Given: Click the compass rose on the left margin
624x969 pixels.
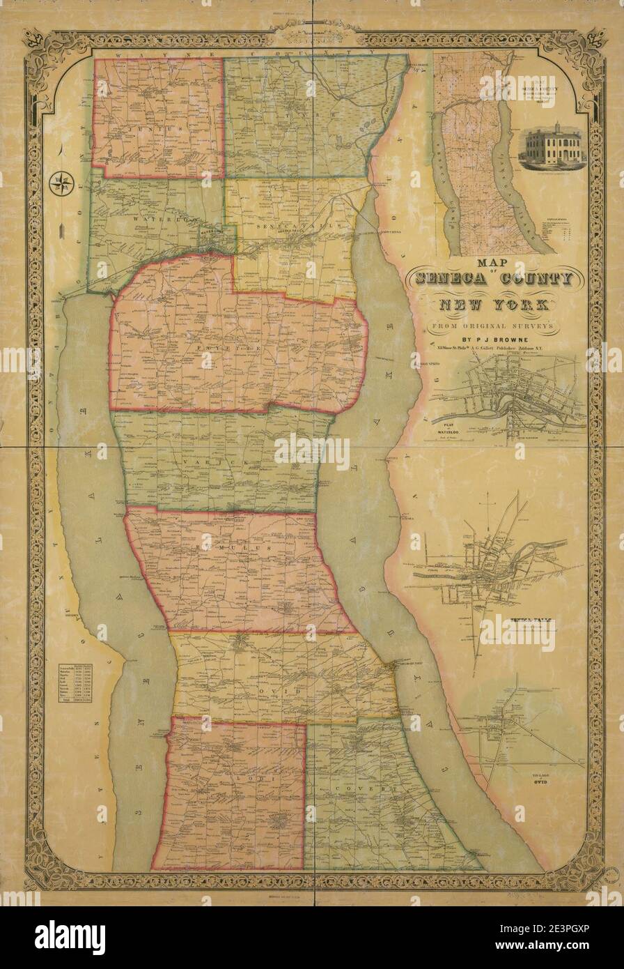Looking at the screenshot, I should coord(62,183).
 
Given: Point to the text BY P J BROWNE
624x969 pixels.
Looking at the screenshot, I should coord(492,342).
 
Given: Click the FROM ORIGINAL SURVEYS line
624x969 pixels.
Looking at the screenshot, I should coord(492,326).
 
